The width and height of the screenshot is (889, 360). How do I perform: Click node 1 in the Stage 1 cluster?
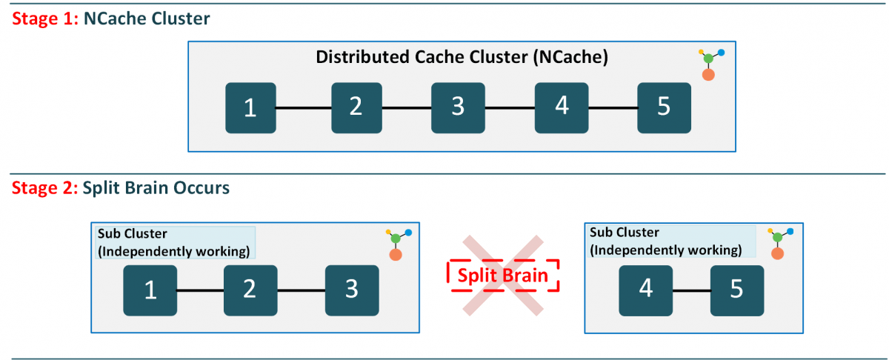[x=250, y=108]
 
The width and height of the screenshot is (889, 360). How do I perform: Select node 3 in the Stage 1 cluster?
[x=458, y=108]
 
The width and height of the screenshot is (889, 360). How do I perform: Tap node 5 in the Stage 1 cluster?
[x=664, y=108]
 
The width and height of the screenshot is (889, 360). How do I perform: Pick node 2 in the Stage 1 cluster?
[x=356, y=108]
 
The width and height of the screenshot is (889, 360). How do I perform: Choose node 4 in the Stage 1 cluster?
[x=562, y=108]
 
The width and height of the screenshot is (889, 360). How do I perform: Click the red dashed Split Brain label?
[x=502, y=276]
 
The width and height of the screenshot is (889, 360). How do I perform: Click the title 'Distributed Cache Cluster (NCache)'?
[x=462, y=58]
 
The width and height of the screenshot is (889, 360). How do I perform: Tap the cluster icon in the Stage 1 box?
[x=710, y=64]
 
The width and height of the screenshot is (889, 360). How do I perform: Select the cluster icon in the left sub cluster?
[x=397, y=244]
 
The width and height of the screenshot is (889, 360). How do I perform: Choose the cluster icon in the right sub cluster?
[x=776, y=243]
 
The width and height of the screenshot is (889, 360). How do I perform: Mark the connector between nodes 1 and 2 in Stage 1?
[x=303, y=108]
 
